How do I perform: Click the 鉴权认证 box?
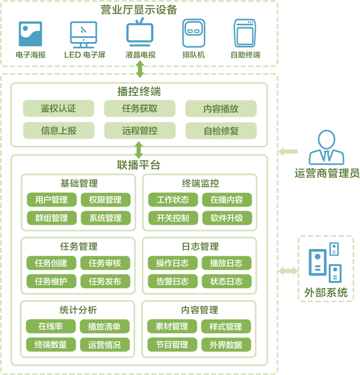click(x=58, y=108)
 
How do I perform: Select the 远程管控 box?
click(x=139, y=130)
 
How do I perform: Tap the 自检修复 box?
click(x=221, y=130)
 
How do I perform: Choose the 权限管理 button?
click(x=105, y=199)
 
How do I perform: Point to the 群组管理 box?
click(x=51, y=218)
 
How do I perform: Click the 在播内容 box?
click(x=227, y=199)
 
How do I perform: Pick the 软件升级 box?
click(x=227, y=218)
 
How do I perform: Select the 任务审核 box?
click(x=105, y=263)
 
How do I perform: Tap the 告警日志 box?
click(x=172, y=282)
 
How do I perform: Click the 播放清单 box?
click(x=104, y=326)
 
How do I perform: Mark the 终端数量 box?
click(x=51, y=345)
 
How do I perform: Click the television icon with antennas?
click(x=139, y=34)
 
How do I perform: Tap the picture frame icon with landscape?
click(x=30, y=34)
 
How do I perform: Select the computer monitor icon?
click(x=84, y=34)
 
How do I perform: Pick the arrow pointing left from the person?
click(x=288, y=152)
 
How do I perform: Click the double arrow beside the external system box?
click(x=288, y=271)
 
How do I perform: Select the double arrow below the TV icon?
click(x=139, y=69)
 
